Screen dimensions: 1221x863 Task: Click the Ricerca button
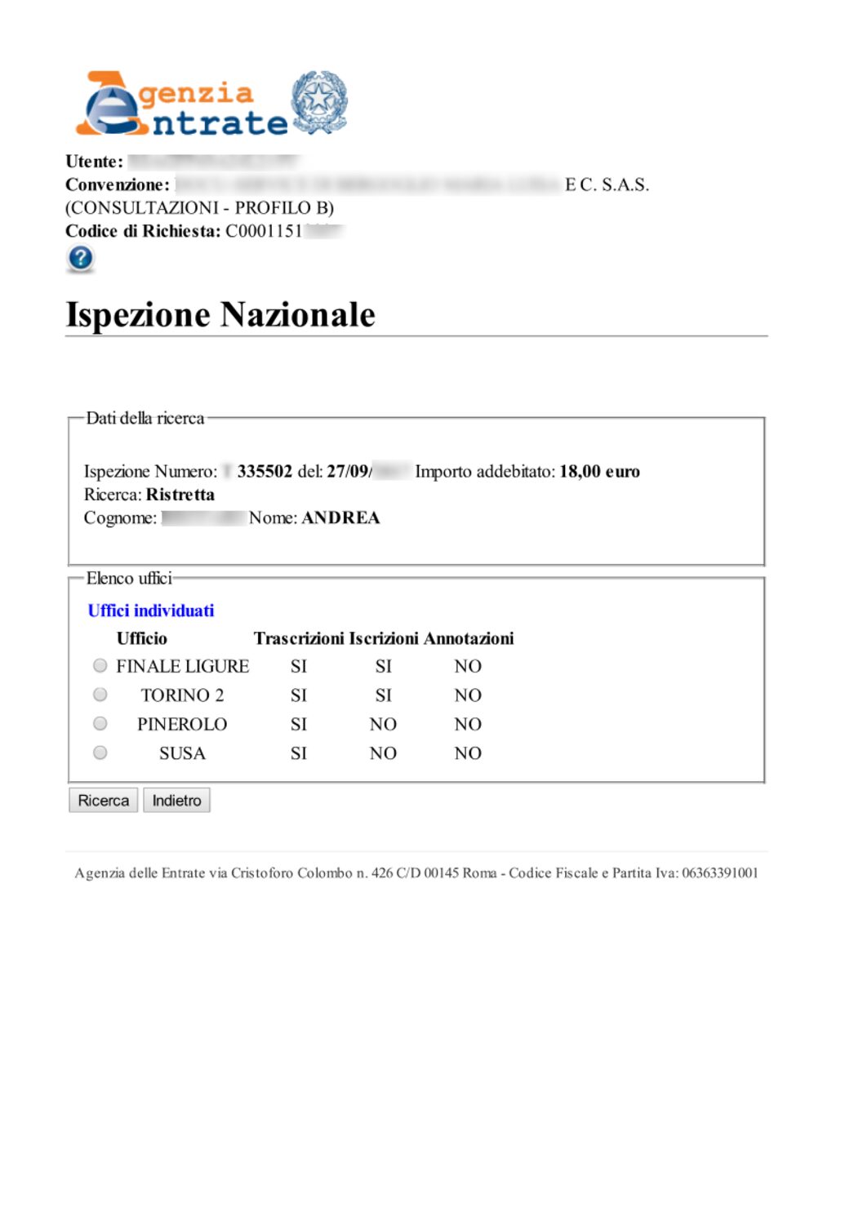pyautogui.click(x=103, y=801)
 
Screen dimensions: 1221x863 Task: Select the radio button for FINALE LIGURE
pyautogui.click(x=100, y=666)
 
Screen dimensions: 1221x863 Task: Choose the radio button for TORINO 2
pyautogui.click(x=100, y=695)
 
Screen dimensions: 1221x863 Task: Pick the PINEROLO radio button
pyautogui.click(x=100, y=724)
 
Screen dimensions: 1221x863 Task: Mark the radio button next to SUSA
pyautogui.click(x=100, y=753)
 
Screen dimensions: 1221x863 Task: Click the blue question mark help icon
pyautogui.click(x=80, y=259)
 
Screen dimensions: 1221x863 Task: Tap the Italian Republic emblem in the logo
pyautogui.click(x=320, y=101)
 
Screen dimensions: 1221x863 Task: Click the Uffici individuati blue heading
pyautogui.click(x=151, y=610)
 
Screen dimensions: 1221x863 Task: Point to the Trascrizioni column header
pyautogui.click(x=299, y=638)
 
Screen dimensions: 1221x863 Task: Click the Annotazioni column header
pyautogui.click(x=469, y=638)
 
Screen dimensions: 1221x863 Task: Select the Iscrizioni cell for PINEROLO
pyautogui.click(x=383, y=724)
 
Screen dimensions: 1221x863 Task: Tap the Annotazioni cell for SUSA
pyautogui.click(x=468, y=753)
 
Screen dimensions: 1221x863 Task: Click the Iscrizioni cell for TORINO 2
pyautogui.click(x=383, y=695)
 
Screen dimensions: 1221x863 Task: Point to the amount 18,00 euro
pyautogui.click(x=599, y=471)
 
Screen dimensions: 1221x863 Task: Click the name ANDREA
pyautogui.click(x=340, y=517)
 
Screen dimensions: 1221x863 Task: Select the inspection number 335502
pyautogui.click(x=265, y=471)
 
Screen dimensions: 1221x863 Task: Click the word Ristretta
pyautogui.click(x=180, y=495)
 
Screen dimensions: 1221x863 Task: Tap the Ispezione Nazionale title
pyautogui.click(x=220, y=315)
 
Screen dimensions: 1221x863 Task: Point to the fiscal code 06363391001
pyautogui.click(x=719, y=872)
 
